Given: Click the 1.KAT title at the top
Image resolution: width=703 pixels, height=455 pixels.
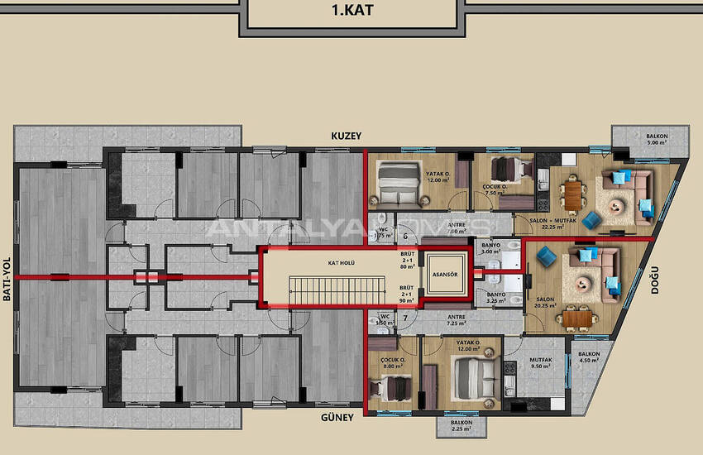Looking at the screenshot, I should [351, 12].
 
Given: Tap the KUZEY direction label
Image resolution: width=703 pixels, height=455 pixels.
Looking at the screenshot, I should [347, 135].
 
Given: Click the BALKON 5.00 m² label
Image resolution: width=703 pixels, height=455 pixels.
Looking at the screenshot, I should [657, 140].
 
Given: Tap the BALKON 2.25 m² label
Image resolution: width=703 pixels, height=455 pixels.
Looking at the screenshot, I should [461, 426].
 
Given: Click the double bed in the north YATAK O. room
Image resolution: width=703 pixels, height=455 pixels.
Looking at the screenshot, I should [399, 180].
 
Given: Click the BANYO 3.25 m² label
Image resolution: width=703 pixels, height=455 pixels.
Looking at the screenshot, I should [496, 298].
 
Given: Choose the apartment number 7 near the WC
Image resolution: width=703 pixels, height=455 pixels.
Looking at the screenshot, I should [405, 318].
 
